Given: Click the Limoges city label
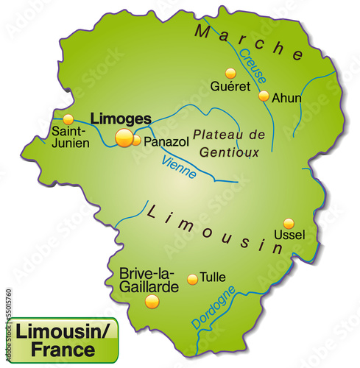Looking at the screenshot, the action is [121, 118].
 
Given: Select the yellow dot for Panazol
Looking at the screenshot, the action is [136, 140].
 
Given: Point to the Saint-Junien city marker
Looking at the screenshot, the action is [68, 118].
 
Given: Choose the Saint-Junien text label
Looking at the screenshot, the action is [70, 138].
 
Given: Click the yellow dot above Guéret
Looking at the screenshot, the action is [230, 73].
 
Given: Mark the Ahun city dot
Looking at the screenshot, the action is [264, 96].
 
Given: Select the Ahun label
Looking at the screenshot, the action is [287, 96].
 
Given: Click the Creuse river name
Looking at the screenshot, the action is [254, 65].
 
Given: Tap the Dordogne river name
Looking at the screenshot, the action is [213, 307].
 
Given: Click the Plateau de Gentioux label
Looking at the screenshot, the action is [227, 143].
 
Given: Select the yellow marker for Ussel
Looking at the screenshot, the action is [289, 223].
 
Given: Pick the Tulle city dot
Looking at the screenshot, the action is [192, 279].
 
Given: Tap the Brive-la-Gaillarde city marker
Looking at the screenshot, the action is [152, 301].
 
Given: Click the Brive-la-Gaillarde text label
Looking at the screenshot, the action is [149, 279].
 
